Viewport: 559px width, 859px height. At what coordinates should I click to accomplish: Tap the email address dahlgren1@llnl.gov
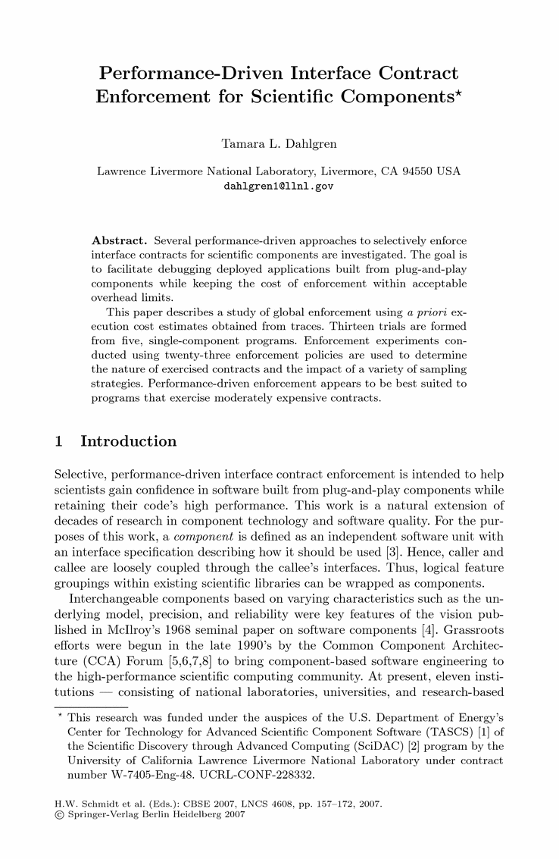[279, 184]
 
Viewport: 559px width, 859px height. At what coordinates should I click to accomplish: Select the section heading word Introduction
[128, 441]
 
